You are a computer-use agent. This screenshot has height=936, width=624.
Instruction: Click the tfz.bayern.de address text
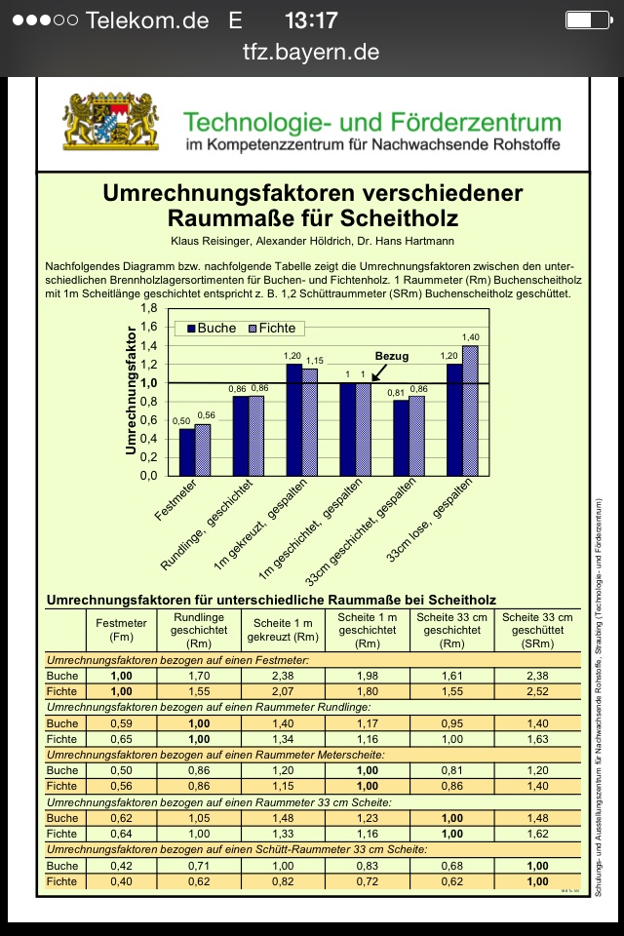[x=311, y=53]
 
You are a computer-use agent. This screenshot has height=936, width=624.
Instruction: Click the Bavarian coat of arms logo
[x=110, y=122]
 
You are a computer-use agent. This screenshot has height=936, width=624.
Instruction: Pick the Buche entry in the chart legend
[x=209, y=328]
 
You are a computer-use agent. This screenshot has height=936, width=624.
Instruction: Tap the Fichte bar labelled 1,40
[x=470, y=409]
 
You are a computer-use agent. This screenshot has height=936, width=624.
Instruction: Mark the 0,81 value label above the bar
[x=396, y=393]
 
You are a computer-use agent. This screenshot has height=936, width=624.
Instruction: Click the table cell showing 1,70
[x=199, y=676]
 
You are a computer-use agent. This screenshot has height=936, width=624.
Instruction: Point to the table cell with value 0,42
[x=122, y=866]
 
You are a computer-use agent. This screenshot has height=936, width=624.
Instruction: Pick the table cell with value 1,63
[x=536, y=739]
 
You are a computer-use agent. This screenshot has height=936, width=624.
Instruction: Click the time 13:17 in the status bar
[x=311, y=20]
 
